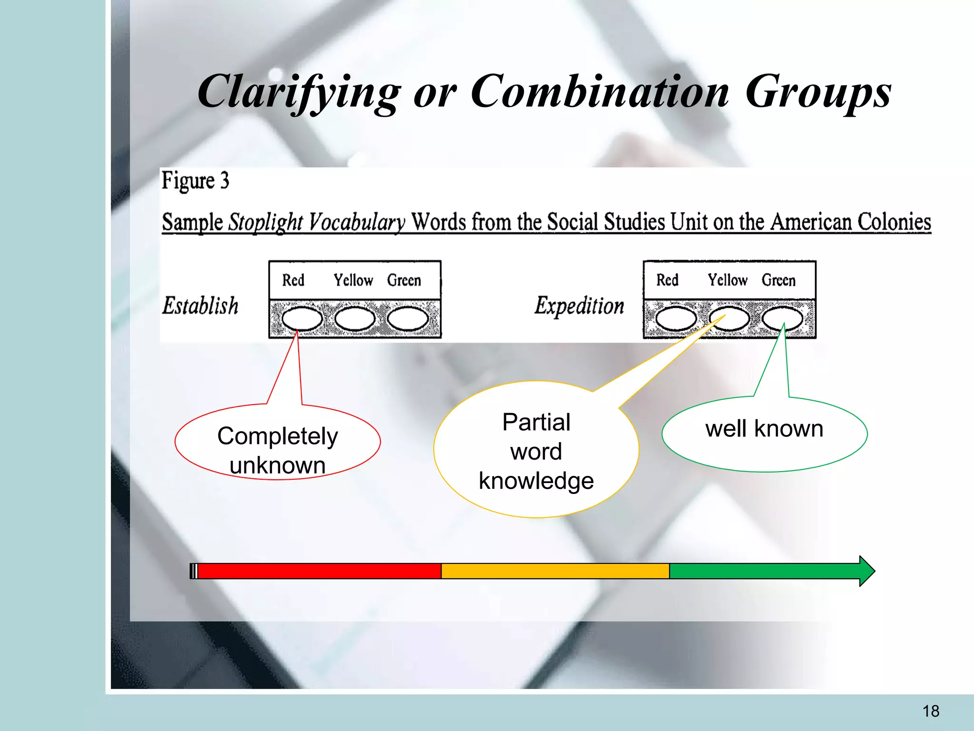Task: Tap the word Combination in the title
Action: coord(600,91)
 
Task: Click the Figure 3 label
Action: coord(195,181)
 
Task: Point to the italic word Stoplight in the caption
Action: coord(265,222)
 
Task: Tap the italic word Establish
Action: coord(200,306)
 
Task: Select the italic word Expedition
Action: coord(579,306)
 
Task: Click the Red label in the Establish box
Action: coord(293,280)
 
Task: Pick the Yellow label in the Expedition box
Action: coord(727,280)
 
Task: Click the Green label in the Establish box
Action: coord(404,280)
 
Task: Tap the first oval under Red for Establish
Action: coord(302,318)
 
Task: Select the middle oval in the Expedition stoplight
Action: coord(729,318)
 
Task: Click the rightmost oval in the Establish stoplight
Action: coord(408,318)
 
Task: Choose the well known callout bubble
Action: coord(764,433)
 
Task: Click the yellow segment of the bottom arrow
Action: coord(555,571)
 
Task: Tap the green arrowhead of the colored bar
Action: coord(867,571)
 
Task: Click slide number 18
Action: coord(931,711)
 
